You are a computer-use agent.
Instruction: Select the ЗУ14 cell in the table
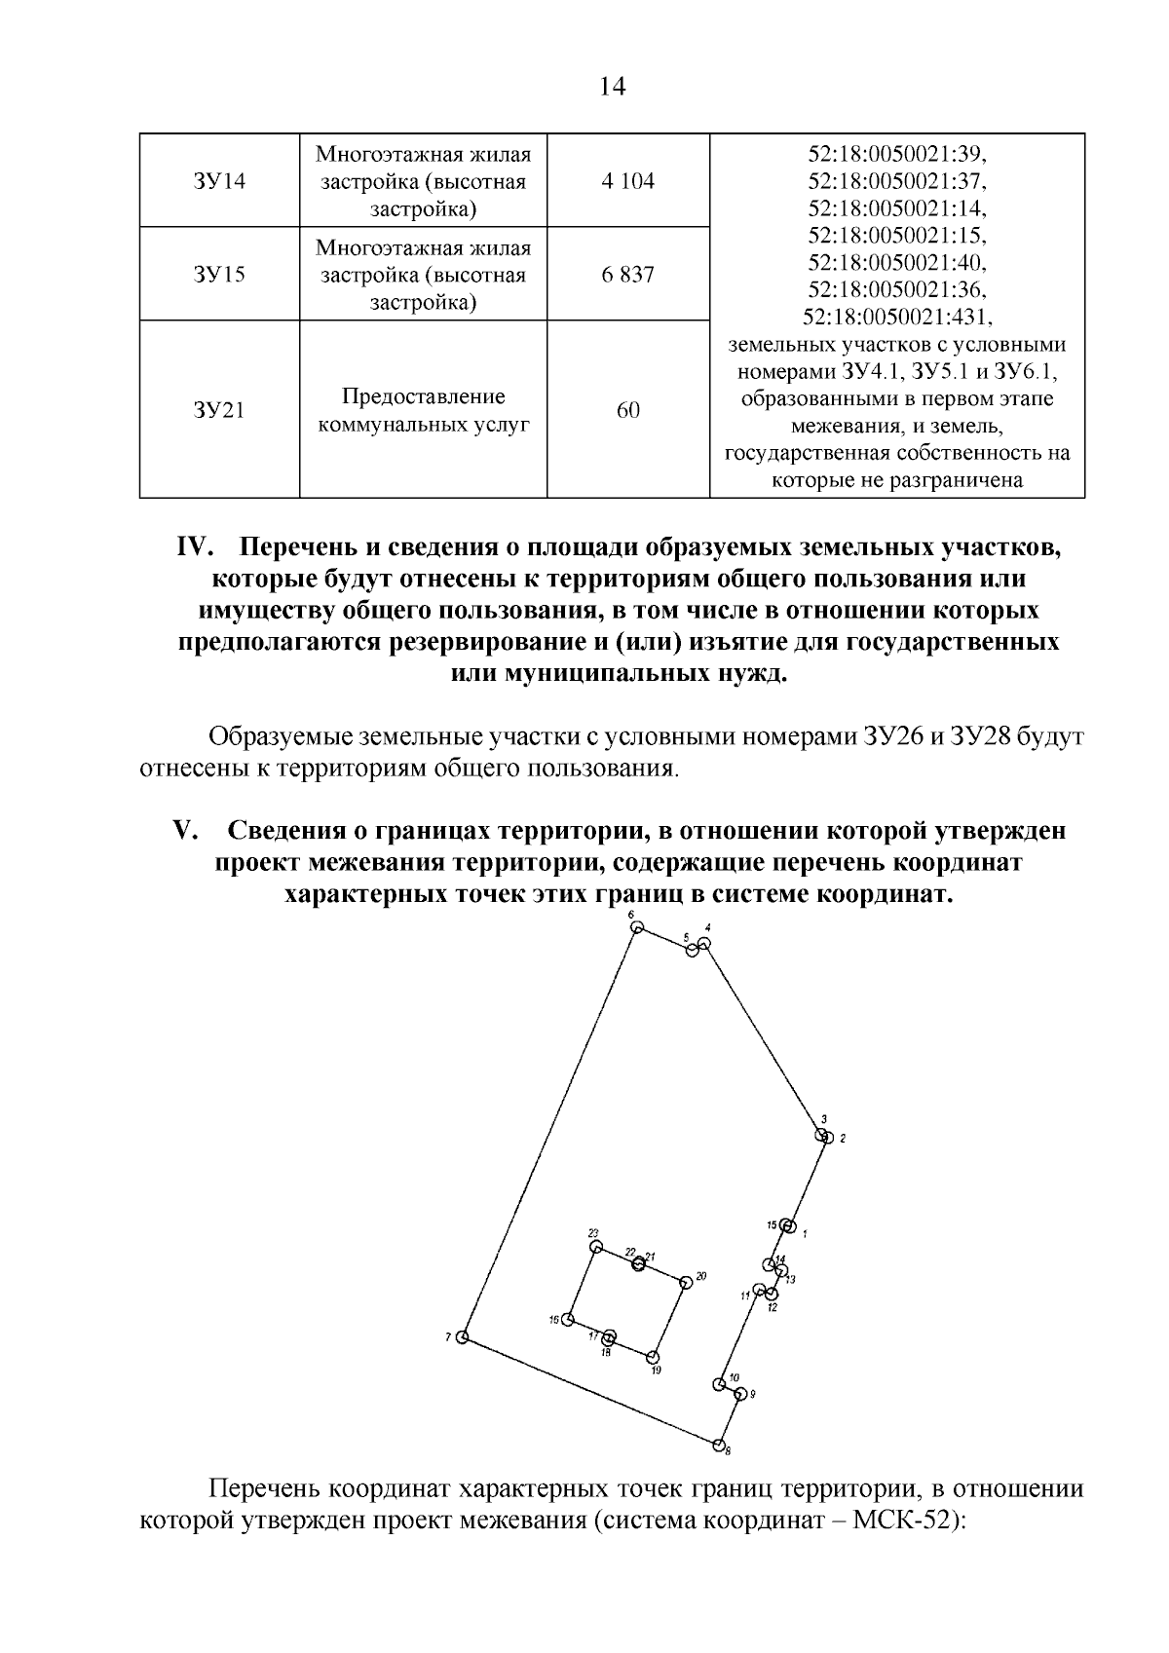(219, 181)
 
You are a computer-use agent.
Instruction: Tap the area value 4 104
(628, 181)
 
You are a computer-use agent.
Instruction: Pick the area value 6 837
(628, 275)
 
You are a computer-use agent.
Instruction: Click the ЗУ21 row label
(219, 410)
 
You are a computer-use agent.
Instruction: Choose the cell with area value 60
(628, 410)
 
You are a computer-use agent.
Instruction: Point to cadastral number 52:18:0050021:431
(896, 318)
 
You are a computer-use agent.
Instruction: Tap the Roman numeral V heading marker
(185, 831)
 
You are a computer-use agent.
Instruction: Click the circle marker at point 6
(637, 928)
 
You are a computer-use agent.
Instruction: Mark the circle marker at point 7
(463, 1336)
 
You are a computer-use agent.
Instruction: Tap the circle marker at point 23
(596, 1247)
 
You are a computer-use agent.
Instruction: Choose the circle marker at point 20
(686, 1282)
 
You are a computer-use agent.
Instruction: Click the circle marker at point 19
(653, 1357)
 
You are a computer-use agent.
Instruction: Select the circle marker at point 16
(567, 1320)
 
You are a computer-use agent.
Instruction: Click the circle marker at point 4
(704, 943)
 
